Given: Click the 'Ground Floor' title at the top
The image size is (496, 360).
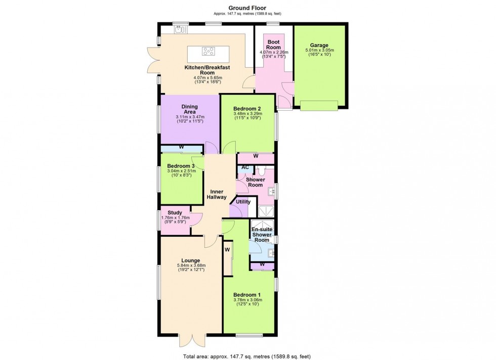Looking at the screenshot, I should pyautogui.click(x=247, y=8).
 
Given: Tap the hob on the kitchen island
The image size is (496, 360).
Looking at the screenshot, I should pyautogui.click(x=209, y=50).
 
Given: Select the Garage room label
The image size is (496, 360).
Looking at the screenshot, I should pyautogui.click(x=318, y=45).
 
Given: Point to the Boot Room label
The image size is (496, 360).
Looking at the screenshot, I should pyautogui.click(x=274, y=44).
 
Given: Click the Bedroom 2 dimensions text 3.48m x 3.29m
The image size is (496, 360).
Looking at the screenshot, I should pyautogui.click(x=247, y=114).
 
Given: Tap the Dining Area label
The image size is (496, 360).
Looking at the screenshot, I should pyautogui.click(x=189, y=110).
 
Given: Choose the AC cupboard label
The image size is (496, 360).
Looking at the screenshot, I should pyautogui.click(x=245, y=167).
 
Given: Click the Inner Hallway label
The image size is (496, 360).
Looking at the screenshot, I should pyautogui.click(x=216, y=194).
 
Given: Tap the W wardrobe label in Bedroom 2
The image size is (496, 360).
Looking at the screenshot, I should pyautogui.click(x=256, y=156).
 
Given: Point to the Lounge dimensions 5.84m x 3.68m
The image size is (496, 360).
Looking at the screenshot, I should pyautogui.click(x=190, y=267).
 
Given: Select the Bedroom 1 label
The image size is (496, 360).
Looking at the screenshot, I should pyautogui.click(x=247, y=295).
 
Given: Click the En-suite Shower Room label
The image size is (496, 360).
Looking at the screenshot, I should pyautogui.click(x=262, y=235).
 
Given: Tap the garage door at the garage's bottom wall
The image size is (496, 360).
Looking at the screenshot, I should pyautogui.click(x=319, y=105).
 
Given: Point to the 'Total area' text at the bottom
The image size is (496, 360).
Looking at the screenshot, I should pyautogui.click(x=247, y=355).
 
